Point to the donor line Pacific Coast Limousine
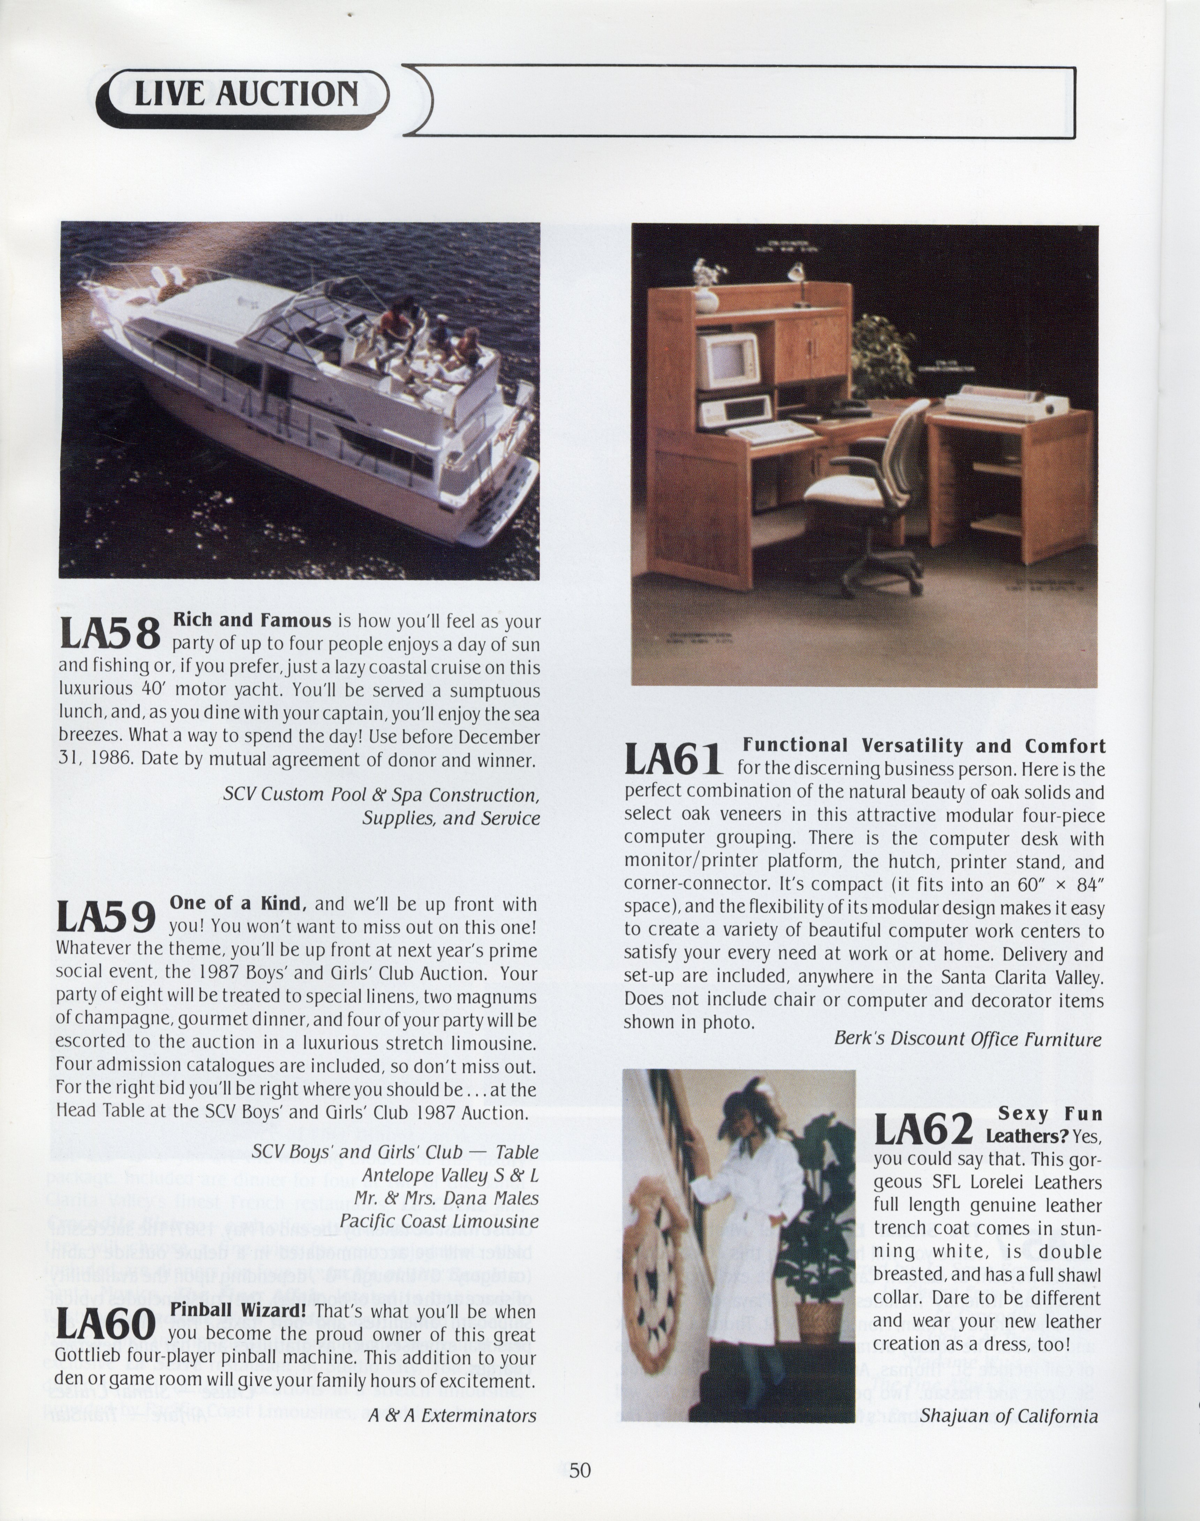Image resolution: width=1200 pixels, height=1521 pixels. tap(439, 1222)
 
